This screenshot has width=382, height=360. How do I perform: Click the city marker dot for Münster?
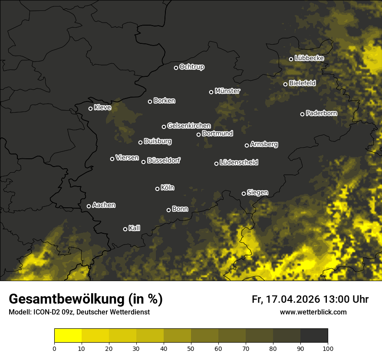point(211,92)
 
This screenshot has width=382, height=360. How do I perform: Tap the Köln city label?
point(168,188)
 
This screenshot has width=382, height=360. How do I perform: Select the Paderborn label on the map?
point(322,113)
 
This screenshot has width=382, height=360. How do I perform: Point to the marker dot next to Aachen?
point(89,206)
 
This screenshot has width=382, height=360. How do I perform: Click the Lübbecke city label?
point(309,58)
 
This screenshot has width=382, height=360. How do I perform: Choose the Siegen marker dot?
point(244,193)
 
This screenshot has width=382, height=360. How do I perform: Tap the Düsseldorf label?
point(164,160)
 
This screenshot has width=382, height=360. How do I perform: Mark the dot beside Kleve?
point(91,108)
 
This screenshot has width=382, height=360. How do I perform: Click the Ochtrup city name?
point(192,67)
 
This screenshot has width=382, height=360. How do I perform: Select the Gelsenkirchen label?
point(189,126)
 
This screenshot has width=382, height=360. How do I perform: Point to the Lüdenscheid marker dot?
point(217,164)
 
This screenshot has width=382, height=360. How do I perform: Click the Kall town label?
point(135,228)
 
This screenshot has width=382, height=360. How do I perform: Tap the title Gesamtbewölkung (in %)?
point(86,299)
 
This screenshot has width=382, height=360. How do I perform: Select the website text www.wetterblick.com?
point(313,312)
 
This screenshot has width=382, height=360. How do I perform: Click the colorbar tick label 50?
point(191,348)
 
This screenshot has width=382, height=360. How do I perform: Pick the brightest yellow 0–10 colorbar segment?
point(68,336)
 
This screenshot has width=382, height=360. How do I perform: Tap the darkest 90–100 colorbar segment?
point(314,336)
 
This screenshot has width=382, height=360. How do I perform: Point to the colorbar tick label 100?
point(328,348)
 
